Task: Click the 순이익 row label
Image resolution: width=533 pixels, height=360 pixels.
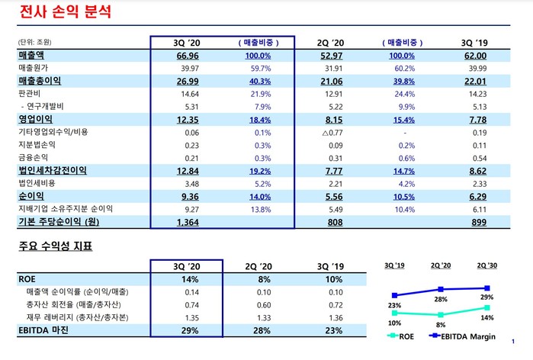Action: pyautogui.click(x=31, y=196)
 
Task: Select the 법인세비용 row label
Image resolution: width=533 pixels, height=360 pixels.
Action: pyautogui.click(x=37, y=183)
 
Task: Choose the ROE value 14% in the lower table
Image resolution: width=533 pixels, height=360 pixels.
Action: pyautogui.click(x=186, y=279)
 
